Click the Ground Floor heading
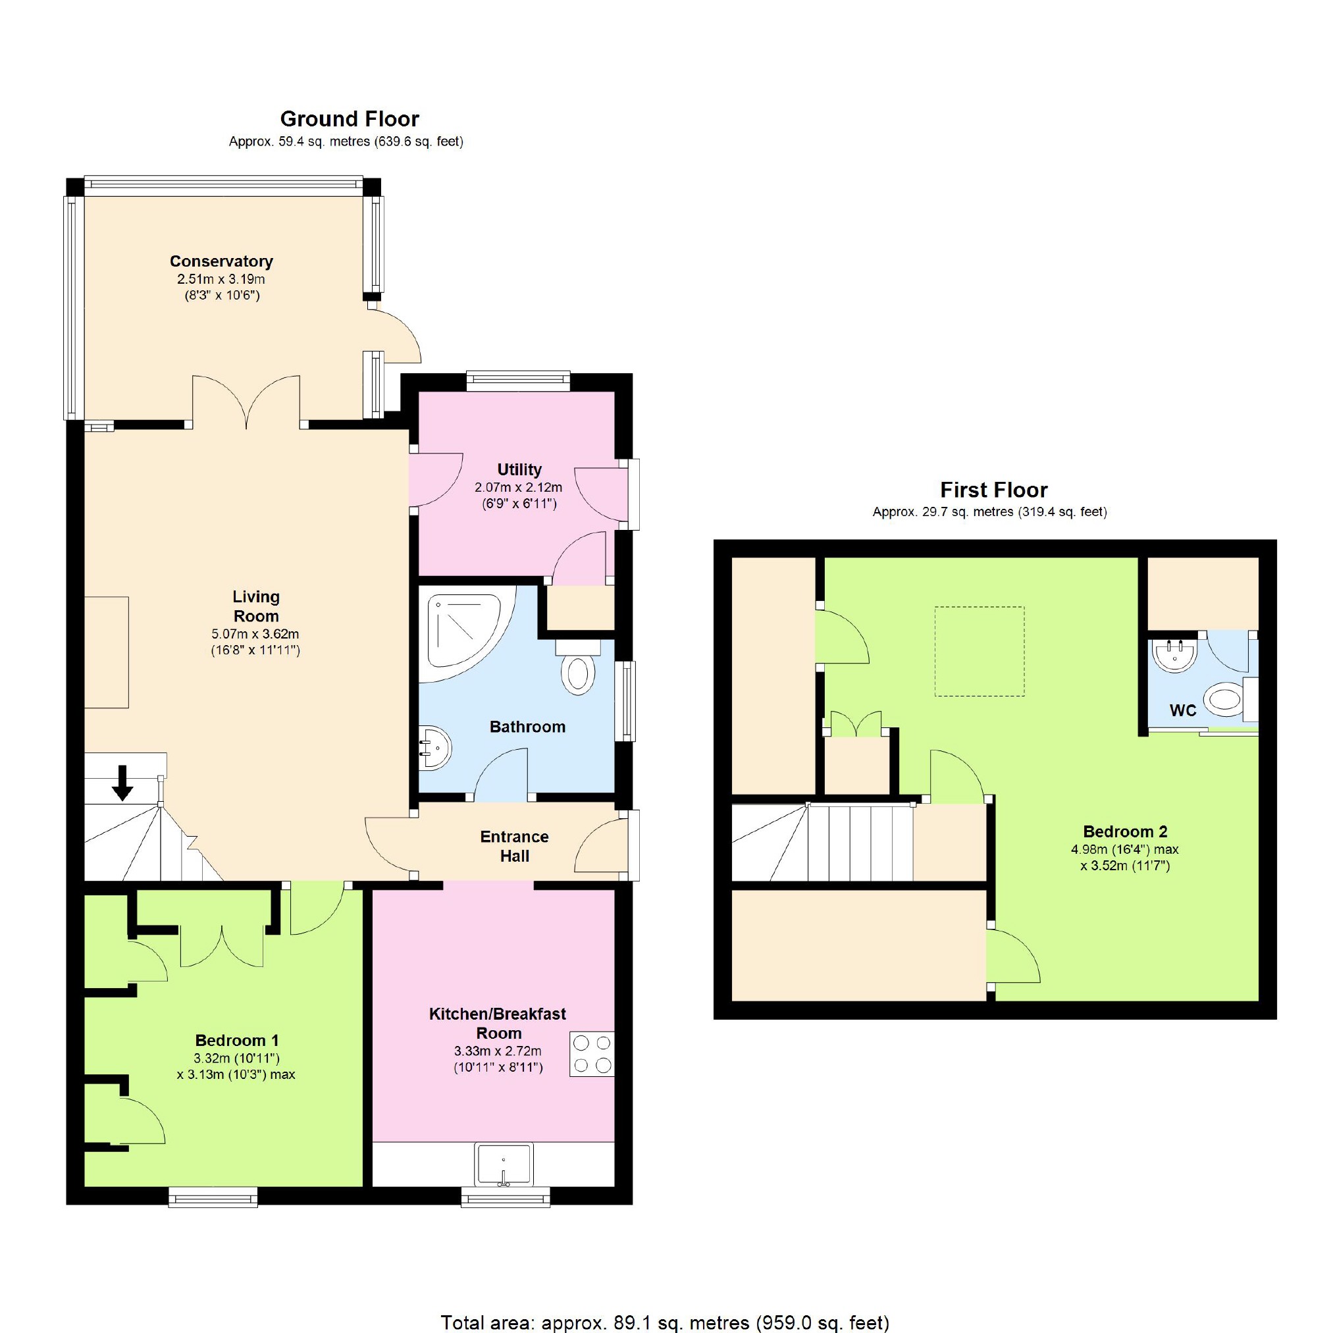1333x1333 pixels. pyautogui.click(x=349, y=119)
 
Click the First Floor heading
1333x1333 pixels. pyautogui.click(x=993, y=490)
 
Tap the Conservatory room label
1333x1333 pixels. pyautogui.click(x=221, y=261)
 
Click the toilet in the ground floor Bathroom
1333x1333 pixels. pyautogui.click(x=577, y=669)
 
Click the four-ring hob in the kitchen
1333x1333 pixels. pyautogui.click(x=592, y=1054)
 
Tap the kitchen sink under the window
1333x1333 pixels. pyautogui.click(x=504, y=1164)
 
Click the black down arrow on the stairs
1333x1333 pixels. pyautogui.click(x=123, y=783)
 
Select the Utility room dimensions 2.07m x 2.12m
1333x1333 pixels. pyautogui.click(x=518, y=488)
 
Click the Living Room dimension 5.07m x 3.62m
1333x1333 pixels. pyautogui.click(x=255, y=634)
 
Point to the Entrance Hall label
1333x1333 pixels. pyautogui.click(x=514, y=846)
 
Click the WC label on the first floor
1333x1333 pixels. pyautogui.click(x=1183, y=710)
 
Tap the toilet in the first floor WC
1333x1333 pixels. pyautogui.click(x=1225, y=698)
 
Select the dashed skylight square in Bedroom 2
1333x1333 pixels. pyautogui.click(x=979, y=652)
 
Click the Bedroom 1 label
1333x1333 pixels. pyautogui.click(x=237, y=1041)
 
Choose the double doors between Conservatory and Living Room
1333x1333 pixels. pyautogui.click(x=246, y=402)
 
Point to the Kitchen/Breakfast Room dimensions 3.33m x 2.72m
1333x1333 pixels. pyautogui.click(x=498, y=1051)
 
